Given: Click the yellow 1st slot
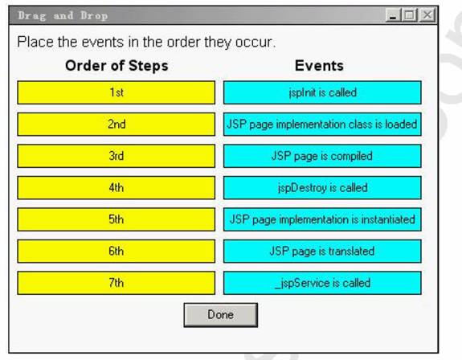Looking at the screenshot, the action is click(x=116, y=92).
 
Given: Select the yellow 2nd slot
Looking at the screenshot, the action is click(x=116, y=124).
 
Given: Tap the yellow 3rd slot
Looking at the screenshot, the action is click(x=116, y=156).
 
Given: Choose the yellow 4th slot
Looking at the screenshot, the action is click(x=116, y=188).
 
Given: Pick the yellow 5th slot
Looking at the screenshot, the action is click(x=116, y=219).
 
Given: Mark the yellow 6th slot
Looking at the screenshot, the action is click(x=116, y=252).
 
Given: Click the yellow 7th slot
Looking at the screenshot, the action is click(x=116, y=283).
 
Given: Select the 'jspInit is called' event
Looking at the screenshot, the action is click(x=322, y=92).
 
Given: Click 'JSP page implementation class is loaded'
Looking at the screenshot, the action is click(x=322, y=124).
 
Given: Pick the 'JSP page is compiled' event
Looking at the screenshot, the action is click(x=322, y=156).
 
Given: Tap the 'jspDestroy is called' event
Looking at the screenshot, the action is click(x=322, y=188).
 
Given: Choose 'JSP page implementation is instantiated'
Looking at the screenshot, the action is click(x=322, y=219).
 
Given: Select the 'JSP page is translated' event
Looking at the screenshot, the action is click(x=322, y=252).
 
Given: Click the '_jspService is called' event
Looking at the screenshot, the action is click(x=322, y=283).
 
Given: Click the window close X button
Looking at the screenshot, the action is click(x=427, y=14).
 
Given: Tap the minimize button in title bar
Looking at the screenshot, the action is click(x=393, y=14).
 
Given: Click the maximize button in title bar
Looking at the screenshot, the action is click(x=410, y=14).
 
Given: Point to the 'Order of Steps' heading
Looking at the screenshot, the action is click(x=117, y=65).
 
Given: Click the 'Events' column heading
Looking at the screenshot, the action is click(x=319, y=65).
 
